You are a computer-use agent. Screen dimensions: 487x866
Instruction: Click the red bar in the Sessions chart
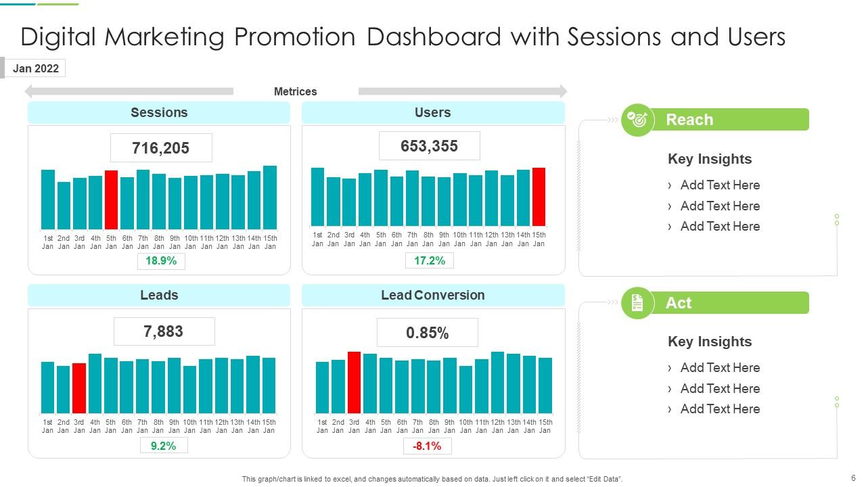point(111,200)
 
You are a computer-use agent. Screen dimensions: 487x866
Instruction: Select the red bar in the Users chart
point(539,197)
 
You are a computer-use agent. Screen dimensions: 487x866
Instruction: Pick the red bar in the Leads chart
point(79,388)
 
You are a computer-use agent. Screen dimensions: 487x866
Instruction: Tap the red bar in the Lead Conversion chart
point(354,382)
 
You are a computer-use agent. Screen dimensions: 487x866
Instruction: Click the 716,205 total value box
point(161,148)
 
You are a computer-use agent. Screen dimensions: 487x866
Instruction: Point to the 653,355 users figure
point(429,146)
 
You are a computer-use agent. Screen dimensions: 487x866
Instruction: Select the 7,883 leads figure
point(164,332)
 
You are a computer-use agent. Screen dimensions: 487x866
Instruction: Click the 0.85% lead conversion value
point(428,333)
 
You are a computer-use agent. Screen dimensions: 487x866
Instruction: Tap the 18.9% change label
point(161,261)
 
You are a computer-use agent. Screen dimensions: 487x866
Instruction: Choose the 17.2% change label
point(430,260)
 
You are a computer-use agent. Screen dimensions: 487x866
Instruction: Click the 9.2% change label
point(164,446)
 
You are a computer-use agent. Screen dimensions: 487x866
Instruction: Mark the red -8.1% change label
point(427,446)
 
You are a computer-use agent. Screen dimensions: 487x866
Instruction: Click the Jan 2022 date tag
point(35,68)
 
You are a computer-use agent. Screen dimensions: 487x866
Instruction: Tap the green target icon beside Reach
point(637,120)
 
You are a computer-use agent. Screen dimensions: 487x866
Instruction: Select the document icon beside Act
point(637,303)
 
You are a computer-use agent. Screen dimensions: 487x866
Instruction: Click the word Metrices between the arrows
point(295,91)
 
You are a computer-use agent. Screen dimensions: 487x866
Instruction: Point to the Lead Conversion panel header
point(433,296)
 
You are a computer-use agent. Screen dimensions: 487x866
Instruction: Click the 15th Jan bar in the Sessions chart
point(270,198)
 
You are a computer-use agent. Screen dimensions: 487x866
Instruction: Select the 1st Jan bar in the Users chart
point(317,197)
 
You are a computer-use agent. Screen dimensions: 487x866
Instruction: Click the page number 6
point(853,476)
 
